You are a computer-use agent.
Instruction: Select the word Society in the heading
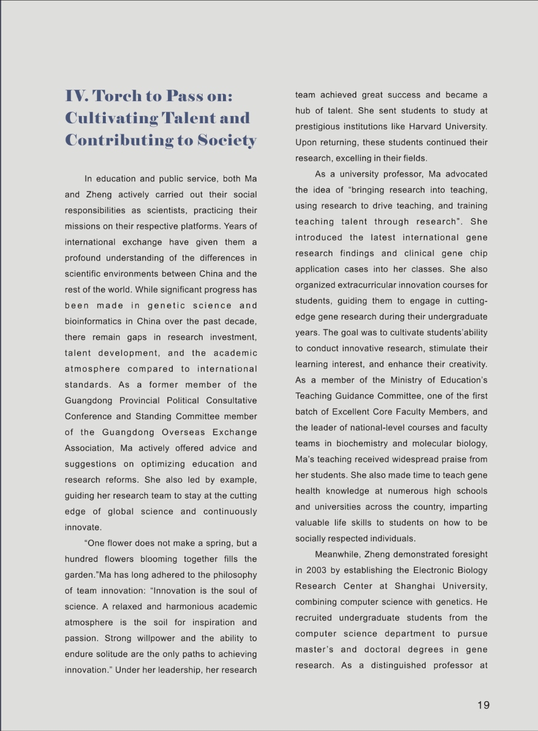(x=225, y=140)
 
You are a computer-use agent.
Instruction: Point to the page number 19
(x=483, y=705)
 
